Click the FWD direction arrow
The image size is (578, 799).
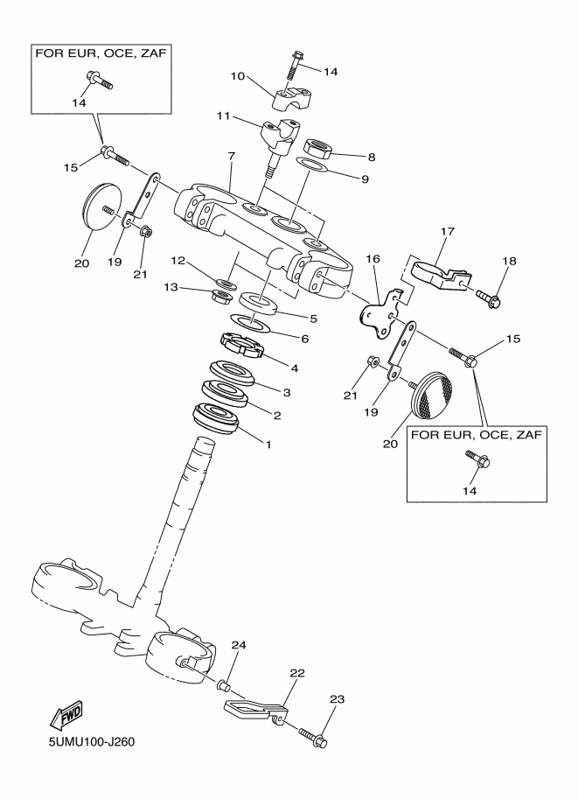pos(65,717)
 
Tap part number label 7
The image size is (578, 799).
pos(231,157)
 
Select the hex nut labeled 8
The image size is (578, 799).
pos(319,148)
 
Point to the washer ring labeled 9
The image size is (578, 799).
pos(311,165)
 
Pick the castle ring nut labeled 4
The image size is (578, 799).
pos(241,346)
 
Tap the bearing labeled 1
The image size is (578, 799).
pos(215,419)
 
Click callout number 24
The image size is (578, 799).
pos(239,645)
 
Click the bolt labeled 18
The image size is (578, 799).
pos(489,299)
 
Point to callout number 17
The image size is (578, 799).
pos(448,231)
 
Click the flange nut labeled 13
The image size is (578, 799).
pos(222,297)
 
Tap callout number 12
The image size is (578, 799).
pos(178,261)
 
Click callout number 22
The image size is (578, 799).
pos(297,673)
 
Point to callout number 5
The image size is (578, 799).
pos(313,319)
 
